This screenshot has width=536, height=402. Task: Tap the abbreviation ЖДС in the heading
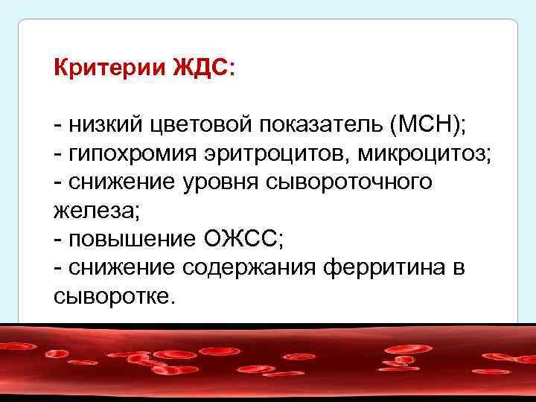194,68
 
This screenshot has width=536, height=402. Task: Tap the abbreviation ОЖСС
237,240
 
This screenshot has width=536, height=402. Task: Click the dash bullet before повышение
59,240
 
